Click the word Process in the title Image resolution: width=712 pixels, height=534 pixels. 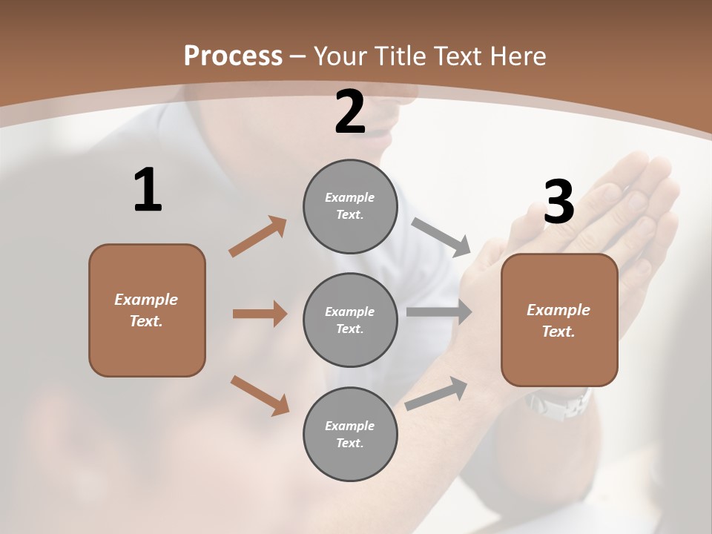pos(233,56)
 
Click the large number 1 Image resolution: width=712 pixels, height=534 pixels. pos(148,191)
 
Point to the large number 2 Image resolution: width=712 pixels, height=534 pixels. pos(350,113)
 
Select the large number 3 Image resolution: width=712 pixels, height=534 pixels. pos(558,202)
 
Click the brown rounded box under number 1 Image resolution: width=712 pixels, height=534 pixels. pos(147,310)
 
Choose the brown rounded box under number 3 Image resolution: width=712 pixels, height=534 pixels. pos(559,320)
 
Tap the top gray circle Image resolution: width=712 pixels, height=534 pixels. pos(350,206)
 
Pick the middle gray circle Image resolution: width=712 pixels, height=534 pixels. pos(350,320)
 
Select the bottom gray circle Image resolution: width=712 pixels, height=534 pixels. pos(350,434)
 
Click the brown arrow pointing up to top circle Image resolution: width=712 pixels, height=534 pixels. pos(258,237)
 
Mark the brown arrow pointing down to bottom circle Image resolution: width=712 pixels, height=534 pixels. pos(260,395)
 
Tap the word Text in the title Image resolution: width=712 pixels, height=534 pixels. pos(458,56)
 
